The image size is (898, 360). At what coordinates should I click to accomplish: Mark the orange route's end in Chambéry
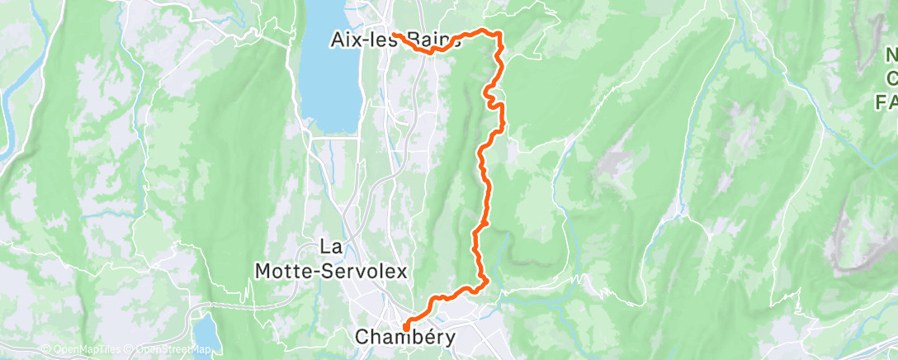click(406, 331)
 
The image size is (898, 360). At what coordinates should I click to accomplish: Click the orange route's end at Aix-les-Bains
click(394, 34)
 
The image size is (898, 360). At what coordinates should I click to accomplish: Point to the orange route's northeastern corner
click(499, 32)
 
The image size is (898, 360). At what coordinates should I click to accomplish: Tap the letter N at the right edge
click(891, 56)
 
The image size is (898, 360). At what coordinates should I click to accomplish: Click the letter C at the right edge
click(892, 78)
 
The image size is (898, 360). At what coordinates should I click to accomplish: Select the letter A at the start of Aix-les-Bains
click(338, 39)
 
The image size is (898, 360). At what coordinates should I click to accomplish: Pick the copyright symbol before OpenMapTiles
click(47, 349)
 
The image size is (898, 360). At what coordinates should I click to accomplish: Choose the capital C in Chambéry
click(361, 336)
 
